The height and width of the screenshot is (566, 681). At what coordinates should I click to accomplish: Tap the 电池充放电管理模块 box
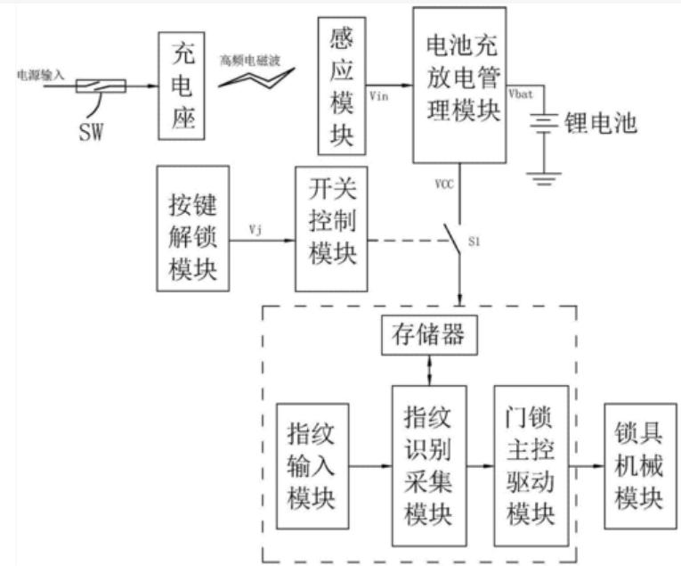[458, 85]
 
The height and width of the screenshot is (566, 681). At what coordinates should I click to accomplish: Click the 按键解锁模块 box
[191, 227]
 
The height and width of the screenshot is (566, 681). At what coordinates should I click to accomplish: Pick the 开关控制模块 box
[331, 227]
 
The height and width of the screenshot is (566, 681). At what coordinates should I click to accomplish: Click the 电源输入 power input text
[41, 75]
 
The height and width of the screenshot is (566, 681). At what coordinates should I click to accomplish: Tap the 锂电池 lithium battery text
[601, 123]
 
